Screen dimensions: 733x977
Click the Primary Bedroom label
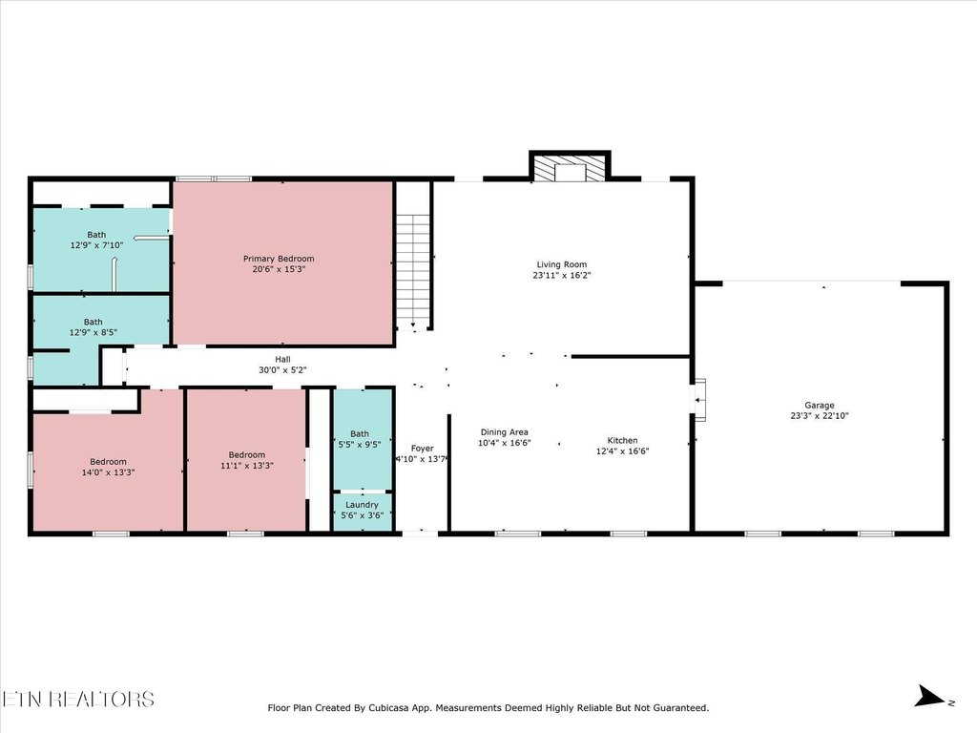[278, 259]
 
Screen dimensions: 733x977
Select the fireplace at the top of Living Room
[570, 170]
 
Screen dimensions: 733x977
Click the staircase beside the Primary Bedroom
[412, 272]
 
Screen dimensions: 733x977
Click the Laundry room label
[362, 504]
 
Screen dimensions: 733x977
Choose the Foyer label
[422, 448]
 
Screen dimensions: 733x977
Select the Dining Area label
[504, 431]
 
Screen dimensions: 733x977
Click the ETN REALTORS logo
[77, 699]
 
